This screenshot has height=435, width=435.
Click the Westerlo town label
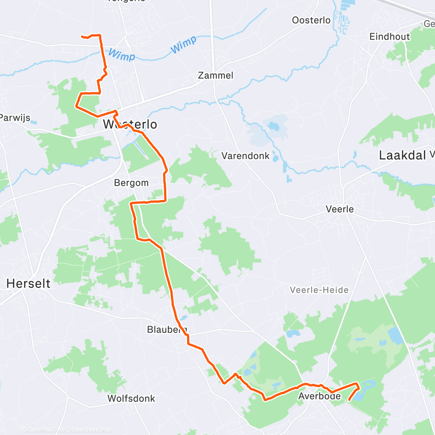tap(130, 124)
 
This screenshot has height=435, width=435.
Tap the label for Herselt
tap(28, 284)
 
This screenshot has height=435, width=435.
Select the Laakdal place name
tap(402, 155)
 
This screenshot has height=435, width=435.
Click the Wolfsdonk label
tap(131, 398)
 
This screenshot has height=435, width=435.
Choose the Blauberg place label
tap(167, 330)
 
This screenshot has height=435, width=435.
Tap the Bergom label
tap(131, 183)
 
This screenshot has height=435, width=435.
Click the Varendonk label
tap(245, 156)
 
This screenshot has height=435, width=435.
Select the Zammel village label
tap(215, 75)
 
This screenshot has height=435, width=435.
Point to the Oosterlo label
tap(311, 20)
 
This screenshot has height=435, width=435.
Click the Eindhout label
tap(390, 37)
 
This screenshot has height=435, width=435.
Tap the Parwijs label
tap(18, 117)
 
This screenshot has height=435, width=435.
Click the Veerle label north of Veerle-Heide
tap(340, 209)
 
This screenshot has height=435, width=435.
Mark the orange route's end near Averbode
tap(350, 399)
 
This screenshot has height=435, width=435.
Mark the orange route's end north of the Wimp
tap(82, 37)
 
